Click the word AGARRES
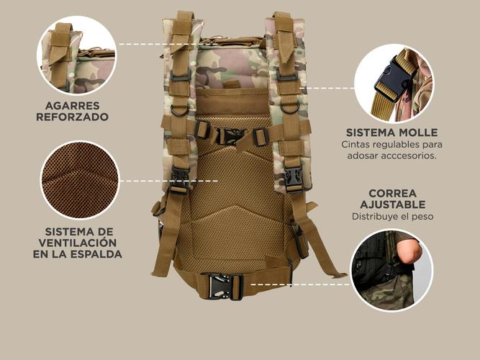point(73,106)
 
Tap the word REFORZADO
point(73,117)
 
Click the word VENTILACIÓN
point(78,243)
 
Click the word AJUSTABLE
point(393,204)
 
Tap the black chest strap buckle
point(230,136)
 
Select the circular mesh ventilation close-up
point(80,180)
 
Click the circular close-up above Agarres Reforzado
point(77,55)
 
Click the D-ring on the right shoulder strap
point(289,108)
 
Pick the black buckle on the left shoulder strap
point(179,181)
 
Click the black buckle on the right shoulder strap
point(294,179)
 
